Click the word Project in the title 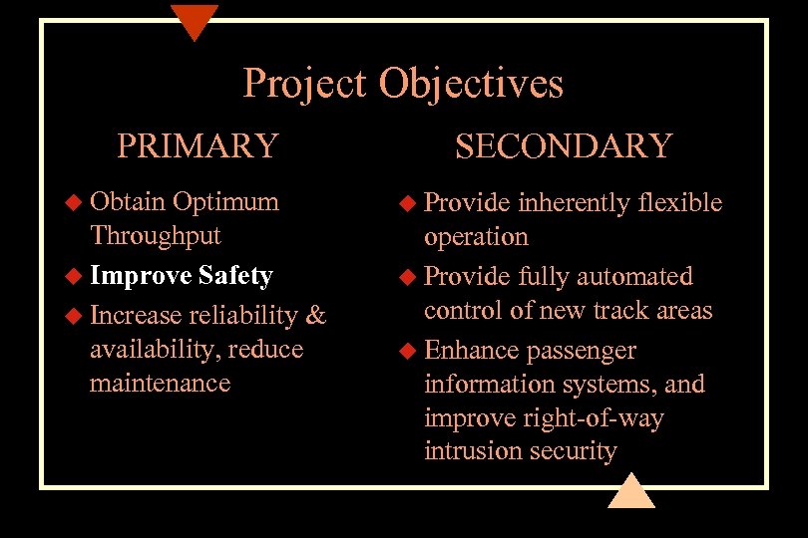pyautogui.click(x=304, y=84)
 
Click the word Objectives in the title pyautogui.click(x=471, y=84)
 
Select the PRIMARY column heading pyautogui.click(x=198, y=145)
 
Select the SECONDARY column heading pyautogui.click(x=564, y=145)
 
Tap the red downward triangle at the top pyautogui.click(x=194, y=20)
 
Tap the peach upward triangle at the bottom pyautogui.click(x=630, y=491)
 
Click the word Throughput pyautogui.click(x=155, y=236)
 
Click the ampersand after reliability pyautogui.click(x=315, y=316)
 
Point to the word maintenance pyautogui.click(x=160, y=384)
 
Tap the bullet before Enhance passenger pyautogui.click(x=408, y=351)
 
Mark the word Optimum pyautogui.click(x=225, y=202)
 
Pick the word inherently pyautogui.click(x=573, y=203)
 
